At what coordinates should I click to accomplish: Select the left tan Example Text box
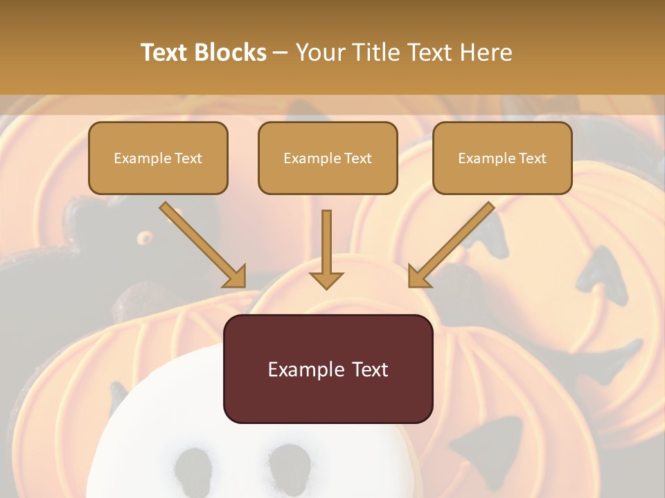point(158,158)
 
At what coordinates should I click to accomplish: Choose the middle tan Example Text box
point(328,158)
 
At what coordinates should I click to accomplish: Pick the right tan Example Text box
point(502,158)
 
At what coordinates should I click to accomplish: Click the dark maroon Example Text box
point(328,369)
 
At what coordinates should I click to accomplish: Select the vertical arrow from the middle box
point(326,249)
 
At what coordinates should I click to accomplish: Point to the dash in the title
point(281,53)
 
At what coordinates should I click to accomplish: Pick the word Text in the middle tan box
point(357,158)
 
